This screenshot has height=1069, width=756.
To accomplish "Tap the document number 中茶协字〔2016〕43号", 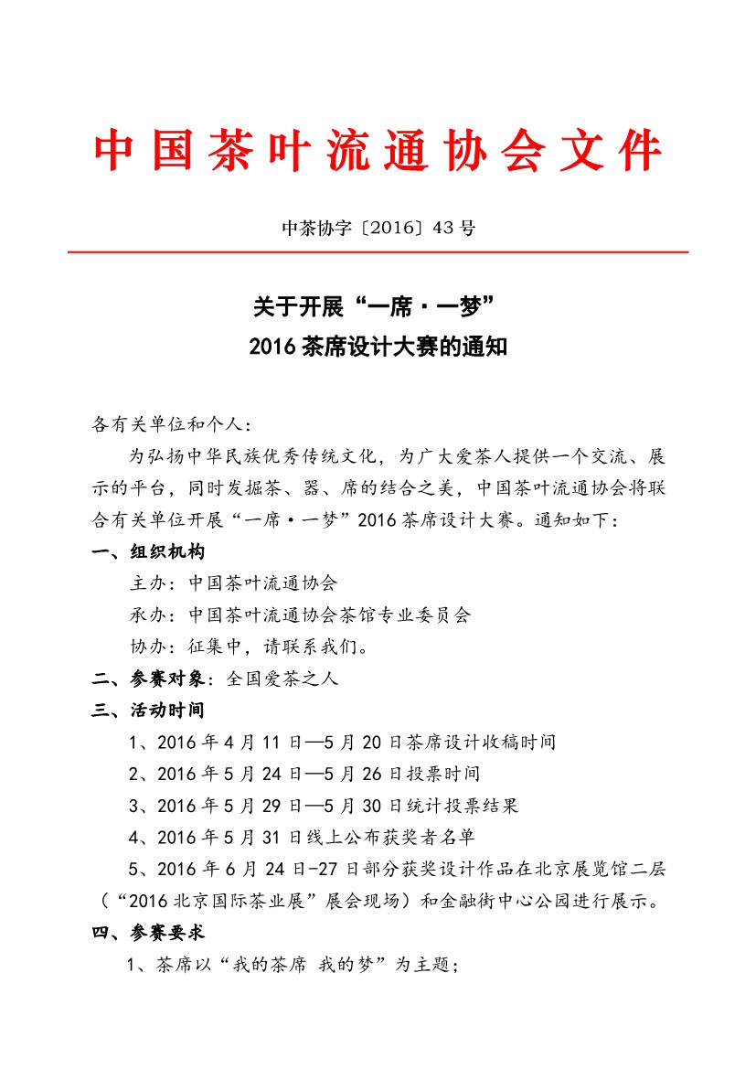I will (x=378, y=228).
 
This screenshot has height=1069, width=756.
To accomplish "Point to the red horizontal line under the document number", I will (x=378, y=251).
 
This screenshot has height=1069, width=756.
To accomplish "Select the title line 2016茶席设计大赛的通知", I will (x=378, y=348).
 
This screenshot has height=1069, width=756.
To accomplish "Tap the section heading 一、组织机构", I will (x=149, y=551).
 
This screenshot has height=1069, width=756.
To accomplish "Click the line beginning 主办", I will (x=235, y=583).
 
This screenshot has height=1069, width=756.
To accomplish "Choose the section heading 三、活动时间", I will (x=149, y=710).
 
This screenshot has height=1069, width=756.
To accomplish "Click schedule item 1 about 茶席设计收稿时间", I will (x=343, y=742).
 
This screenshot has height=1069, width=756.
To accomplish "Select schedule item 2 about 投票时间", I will (x=304, y=774).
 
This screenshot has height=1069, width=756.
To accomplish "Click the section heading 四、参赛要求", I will (x=149, y=933).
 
